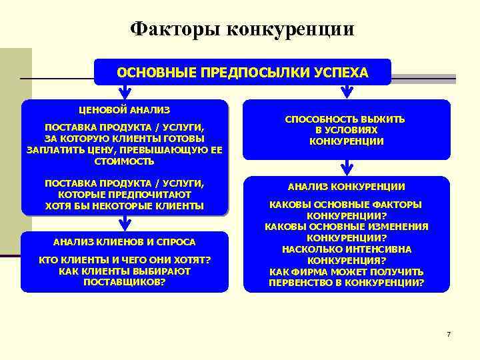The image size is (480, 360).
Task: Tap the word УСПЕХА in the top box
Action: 340,72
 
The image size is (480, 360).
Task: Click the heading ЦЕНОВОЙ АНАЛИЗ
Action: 125,109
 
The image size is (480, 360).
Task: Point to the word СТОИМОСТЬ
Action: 125,161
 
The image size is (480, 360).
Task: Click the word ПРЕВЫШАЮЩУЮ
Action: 161,149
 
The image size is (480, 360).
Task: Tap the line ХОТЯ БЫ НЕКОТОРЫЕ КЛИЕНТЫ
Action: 125,205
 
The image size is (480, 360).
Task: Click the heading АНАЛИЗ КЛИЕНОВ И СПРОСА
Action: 125,241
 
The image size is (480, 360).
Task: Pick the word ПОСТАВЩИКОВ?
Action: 125,282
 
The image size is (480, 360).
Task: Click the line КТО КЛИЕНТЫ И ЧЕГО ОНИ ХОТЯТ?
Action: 125,259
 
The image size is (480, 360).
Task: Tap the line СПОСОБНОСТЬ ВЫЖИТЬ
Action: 345,119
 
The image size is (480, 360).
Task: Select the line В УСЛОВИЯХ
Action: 346,130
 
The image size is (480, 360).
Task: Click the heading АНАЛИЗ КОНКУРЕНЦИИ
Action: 346,187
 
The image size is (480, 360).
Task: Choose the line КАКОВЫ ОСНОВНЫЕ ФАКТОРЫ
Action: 346,204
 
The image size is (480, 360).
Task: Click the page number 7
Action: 449,333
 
